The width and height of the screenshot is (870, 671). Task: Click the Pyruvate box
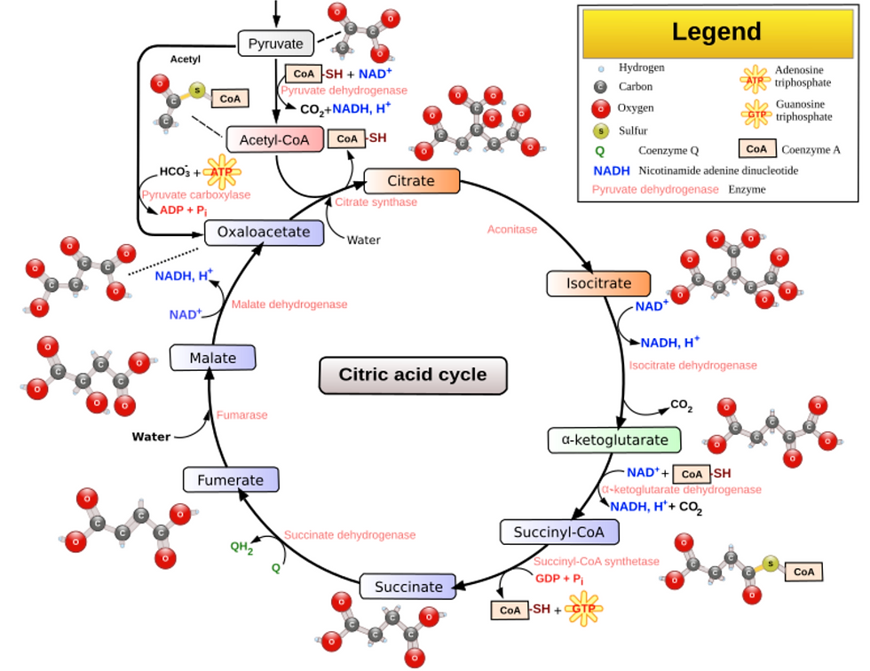pos(276,43)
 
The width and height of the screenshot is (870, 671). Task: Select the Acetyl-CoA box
pos(274,139)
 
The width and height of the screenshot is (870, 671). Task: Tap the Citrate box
pos(412,181)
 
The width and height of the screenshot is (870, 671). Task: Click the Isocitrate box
pos(598,283)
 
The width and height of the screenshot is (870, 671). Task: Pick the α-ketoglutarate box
pos(614,439)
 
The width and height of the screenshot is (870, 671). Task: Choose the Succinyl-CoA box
pos(559,533)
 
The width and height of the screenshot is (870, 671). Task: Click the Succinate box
pos(408,587)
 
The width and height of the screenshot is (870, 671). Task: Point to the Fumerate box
pos(231,479)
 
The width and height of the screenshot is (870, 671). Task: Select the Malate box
pos(213,358)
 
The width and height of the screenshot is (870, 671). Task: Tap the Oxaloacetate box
pos(265,233)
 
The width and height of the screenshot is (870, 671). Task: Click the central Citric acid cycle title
pos(413,375)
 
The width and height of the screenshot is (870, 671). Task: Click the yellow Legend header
pos(717,33)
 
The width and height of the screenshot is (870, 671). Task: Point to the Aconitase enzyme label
pos(512,230)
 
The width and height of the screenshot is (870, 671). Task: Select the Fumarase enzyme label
pos(241,414)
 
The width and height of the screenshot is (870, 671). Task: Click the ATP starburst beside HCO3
pos(222,172)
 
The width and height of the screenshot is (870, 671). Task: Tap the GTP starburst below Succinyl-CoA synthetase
pos(584,608)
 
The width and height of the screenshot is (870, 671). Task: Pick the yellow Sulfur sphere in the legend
pos(601,130)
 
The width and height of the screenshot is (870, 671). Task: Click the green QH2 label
pos(241,548)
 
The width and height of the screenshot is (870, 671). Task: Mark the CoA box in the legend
pos(756,148)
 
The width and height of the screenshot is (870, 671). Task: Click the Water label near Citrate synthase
pos(364,241)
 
